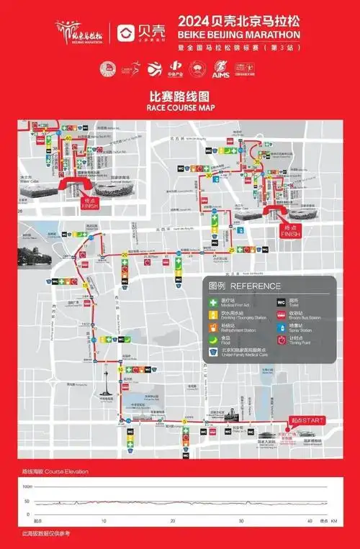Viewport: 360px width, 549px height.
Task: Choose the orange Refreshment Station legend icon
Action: point(212,326)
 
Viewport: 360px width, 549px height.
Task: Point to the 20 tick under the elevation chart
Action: point(173,520)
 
